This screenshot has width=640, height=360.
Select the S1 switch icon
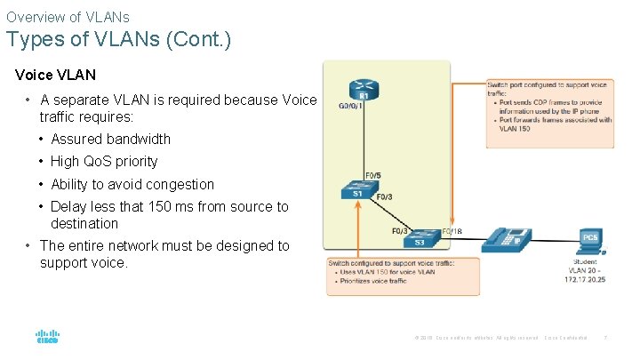356,192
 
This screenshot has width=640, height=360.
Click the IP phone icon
508,238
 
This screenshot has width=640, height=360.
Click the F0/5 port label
373,175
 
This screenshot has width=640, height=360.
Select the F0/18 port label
451,230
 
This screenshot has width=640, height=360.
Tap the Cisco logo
47,338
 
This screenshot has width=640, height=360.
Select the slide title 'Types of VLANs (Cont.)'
118,40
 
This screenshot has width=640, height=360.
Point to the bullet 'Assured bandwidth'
110,139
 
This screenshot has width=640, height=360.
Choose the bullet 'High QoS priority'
104,161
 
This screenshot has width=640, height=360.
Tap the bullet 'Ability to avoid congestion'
132,184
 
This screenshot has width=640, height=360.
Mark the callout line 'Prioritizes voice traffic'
372,281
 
